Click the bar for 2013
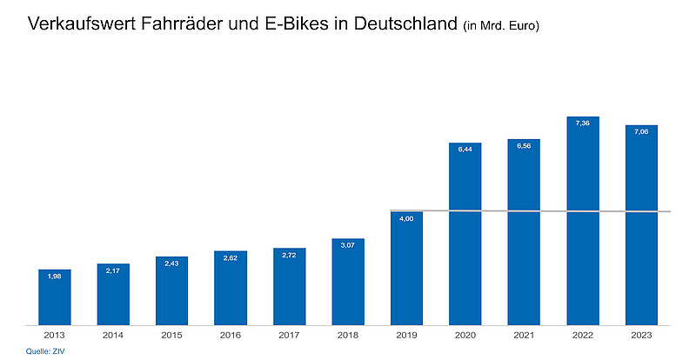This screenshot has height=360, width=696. [54, 297]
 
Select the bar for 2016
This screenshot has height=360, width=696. [231, 288]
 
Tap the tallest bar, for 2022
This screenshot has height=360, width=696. [583, 221]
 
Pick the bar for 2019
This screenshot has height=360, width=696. [406, 269]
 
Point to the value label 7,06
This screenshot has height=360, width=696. [641, 132]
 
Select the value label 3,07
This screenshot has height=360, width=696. [347, 246]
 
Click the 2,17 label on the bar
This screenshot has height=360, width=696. [112, 271]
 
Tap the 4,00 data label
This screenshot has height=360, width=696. [406, 219]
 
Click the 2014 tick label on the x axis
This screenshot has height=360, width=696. [112, 334]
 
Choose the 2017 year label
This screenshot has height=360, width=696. [289, 334]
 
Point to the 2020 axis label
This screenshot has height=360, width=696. [465, 334]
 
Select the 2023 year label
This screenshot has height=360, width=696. [641, 334]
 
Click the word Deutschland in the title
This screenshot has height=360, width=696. [401, 25]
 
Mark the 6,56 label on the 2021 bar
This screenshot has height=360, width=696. [524, 146]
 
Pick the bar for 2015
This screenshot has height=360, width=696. [171, 291]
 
